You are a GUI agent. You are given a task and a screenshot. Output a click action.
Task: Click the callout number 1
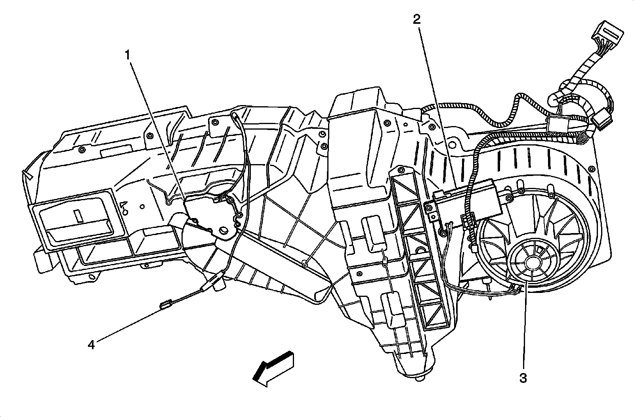tap(127, 55)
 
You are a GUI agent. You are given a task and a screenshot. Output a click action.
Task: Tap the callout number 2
tap(417, 19)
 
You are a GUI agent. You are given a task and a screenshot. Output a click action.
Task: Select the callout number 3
tap(523, 378)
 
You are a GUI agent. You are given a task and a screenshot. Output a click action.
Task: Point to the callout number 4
tap(92, 345)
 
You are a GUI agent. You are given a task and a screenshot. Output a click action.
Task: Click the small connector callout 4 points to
tap(165, 305)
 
